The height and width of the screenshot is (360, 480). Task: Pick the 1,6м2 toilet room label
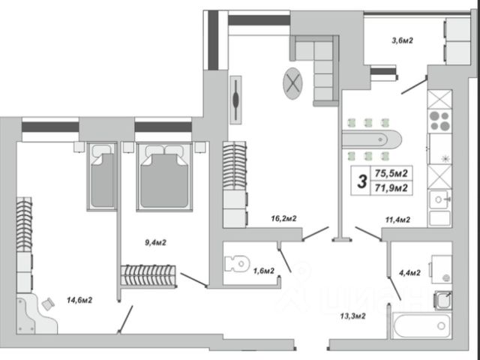click(x=262, y=271)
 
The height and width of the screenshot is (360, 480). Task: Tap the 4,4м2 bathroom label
click(x=408, y=271)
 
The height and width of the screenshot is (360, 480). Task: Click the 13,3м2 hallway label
click(x=349, y=316)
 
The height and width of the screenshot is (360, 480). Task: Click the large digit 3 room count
click(x=361, y=181)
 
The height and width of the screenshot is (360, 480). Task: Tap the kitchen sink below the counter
click(x=439, y=200)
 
